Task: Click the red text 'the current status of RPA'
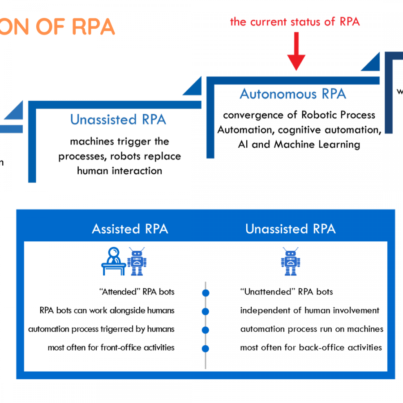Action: coord(295,21)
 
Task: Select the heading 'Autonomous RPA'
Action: coord(293,94)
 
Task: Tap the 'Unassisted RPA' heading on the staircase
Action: coord(118,120)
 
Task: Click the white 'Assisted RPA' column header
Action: coord(130,229)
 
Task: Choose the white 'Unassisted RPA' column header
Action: coord(290,229)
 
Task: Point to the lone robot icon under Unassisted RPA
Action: coord(290,261)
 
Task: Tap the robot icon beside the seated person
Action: coord(137,261)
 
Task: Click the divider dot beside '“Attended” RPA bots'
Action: coord(206,293)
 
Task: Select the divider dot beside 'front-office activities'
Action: coord(206,349)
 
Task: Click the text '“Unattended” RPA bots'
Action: coord(287,292)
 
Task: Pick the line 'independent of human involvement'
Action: coord(310,310)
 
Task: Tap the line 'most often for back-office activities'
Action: coord(311,347)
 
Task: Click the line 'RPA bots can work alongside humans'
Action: coord(107,310)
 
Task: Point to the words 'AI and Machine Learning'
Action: coord(299,144)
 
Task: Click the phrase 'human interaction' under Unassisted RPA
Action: coord(120,171)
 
